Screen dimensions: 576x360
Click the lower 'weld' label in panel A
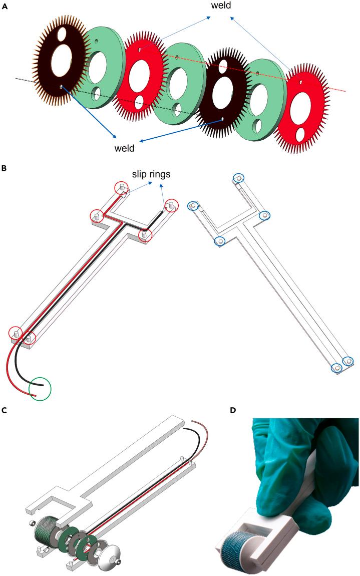click(125, 148)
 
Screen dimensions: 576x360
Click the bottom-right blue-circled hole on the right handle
click(347, 361)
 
